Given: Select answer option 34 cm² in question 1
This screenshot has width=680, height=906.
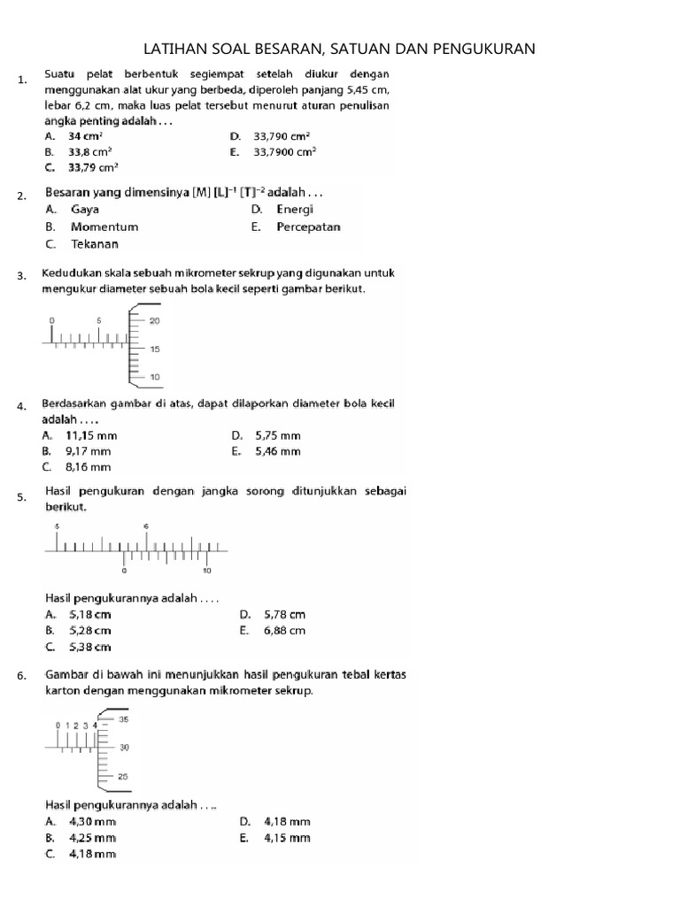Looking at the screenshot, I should point(86,136).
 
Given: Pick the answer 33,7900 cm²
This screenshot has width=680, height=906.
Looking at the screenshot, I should point(284,151).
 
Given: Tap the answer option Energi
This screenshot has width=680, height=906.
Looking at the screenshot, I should point(295,210).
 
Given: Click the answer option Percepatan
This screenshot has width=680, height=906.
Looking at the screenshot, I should point(308,226).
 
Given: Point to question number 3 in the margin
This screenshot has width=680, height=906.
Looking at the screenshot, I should point(20,277).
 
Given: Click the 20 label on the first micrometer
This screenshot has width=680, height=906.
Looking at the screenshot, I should point(155,320).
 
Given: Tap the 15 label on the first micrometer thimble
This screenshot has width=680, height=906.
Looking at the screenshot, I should point(155,349).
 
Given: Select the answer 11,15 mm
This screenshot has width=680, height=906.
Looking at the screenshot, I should point(91,436).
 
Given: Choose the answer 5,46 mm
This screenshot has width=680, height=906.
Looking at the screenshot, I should point(278,451).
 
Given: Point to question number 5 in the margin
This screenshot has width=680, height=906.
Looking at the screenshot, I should point(20,498).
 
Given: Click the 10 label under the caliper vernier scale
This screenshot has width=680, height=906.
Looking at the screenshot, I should point(207,571).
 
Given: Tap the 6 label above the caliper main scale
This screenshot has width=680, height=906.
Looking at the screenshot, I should point(147,526).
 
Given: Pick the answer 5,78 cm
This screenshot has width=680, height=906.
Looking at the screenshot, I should point(284,614).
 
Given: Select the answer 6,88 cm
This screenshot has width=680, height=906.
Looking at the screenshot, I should point(284,631).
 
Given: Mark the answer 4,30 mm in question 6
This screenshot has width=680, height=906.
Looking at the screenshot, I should point(92,822).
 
